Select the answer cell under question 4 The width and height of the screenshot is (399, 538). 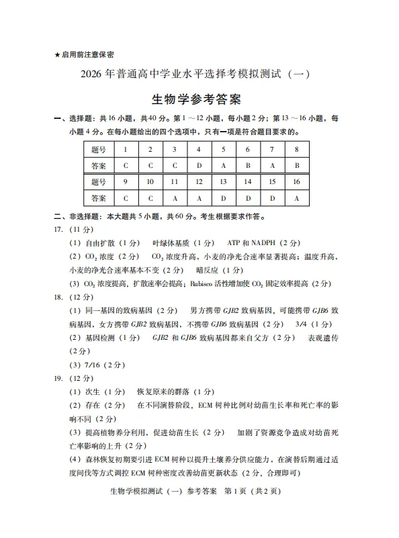coord(199,165)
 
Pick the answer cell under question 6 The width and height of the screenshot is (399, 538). coord(247,165)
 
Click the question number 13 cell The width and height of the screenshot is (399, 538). coord(223,181)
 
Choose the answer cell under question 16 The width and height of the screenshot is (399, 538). coord(296,197)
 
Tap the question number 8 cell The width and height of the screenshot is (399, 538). coord(296,149)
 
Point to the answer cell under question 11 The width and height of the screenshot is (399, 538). coord(175,197)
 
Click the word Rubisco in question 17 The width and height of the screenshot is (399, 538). coord(207,283)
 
